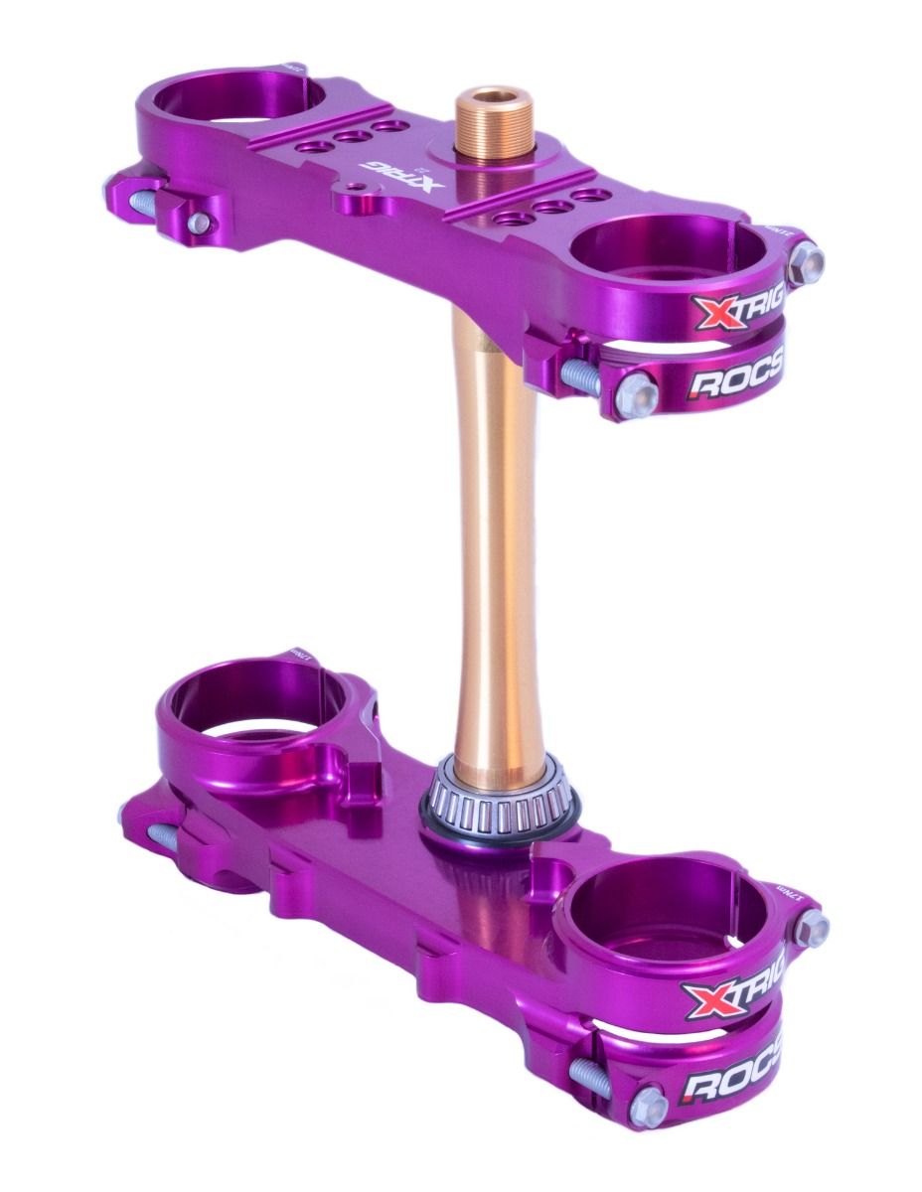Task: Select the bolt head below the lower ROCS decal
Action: click(650, 1105)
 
